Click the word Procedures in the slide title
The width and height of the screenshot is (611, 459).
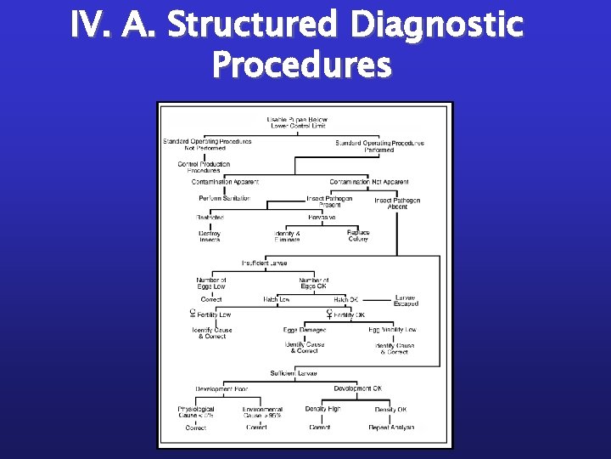[303, 65]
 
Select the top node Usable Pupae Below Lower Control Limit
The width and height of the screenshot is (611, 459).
[297, 122]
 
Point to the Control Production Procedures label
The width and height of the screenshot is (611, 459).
[204, 167]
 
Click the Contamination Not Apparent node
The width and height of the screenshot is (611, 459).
[369, 181]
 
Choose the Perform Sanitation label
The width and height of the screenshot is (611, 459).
[224, 198]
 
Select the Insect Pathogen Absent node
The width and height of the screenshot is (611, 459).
[397, 204]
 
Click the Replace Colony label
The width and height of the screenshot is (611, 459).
[358, 235]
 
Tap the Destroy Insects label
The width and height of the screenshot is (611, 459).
[210, 236]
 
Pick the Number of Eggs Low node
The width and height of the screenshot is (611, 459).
[210, 283]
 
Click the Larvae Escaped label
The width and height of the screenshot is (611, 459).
[406, 301]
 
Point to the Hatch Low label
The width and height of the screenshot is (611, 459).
[277, 299]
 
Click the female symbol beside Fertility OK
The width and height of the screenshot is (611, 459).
[328, 314]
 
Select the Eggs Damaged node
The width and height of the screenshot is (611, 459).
[305, 329]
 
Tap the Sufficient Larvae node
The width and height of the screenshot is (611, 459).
[294, 373]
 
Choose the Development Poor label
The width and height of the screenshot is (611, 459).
[221, 388]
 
